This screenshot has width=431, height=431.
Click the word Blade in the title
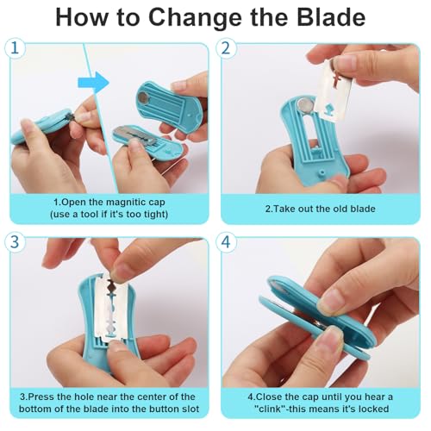331,17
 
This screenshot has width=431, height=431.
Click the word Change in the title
195,18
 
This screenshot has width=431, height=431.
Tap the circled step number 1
15,48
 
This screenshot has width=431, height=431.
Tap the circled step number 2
226,48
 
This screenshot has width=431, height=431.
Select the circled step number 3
15,242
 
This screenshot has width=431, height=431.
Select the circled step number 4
226,242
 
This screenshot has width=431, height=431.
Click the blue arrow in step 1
94,83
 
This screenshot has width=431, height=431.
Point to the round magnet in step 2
303,104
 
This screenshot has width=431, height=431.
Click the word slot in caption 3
190,409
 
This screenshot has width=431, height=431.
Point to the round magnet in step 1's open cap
143,99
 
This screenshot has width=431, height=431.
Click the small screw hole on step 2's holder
322,172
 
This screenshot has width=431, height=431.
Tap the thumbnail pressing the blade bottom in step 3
117,346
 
